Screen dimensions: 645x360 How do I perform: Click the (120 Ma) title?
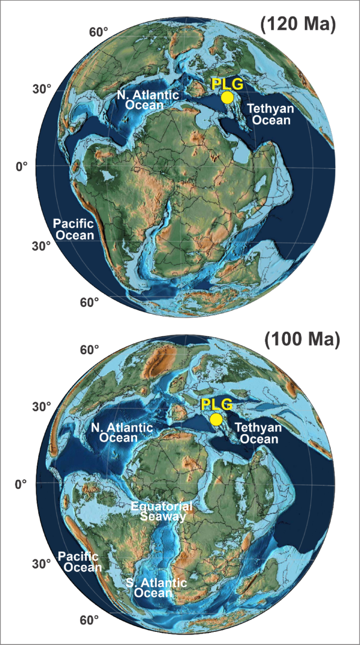[x=297, y=25]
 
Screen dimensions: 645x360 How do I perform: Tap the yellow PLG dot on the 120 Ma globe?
[x=227, y=97]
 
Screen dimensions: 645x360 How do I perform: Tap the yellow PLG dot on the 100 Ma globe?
[x=216, y=419]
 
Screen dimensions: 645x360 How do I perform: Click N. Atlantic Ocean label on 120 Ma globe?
[x=152, y=99]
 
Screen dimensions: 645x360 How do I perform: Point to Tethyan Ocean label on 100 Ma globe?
[x=258, y=433]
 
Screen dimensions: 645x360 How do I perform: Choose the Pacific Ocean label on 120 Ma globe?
[x=74, y=229]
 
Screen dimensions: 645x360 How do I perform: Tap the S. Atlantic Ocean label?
[x=156, y=588]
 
